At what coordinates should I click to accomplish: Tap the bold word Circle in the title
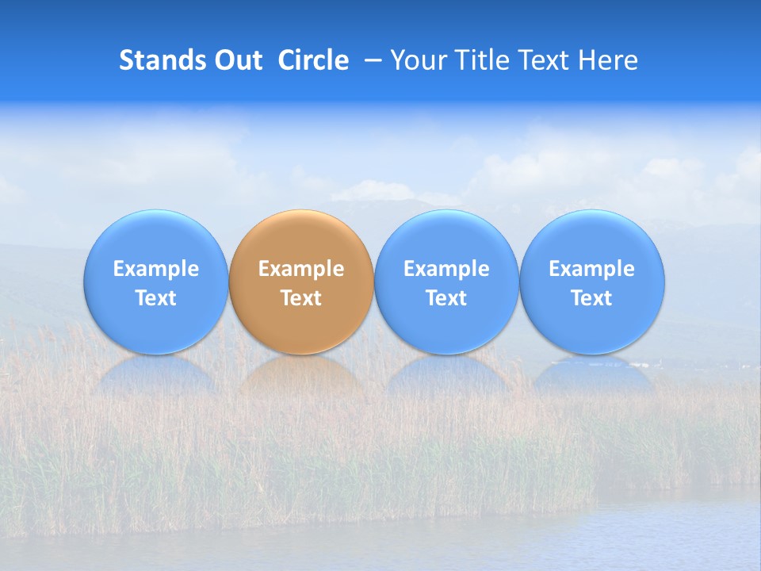[313, 60]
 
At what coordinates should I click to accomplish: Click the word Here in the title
[607, 60]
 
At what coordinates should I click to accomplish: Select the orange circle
[301, 238]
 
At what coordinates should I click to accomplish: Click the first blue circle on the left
[155, 238]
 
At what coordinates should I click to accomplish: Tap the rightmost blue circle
[592, 238]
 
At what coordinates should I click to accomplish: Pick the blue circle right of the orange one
[446, 238]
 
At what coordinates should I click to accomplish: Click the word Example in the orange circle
[301, 269]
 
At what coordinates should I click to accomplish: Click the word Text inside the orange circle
[301, 298]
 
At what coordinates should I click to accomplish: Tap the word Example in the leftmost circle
[155, 269]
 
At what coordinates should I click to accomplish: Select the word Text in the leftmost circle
[155, 298]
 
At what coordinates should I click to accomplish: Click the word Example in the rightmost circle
[592, 269]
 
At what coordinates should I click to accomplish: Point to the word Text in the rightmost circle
[592, 298]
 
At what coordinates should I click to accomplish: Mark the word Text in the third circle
[446, 298]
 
